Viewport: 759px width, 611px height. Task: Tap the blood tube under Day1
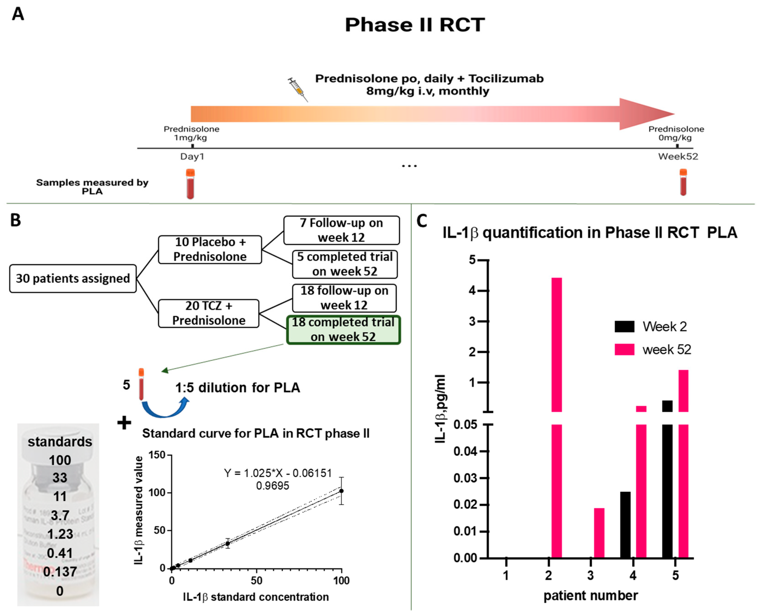click(x=190, y=184)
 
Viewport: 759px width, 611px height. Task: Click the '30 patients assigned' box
click(x=73, y=278)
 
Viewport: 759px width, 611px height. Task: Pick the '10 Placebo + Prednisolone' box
click(x=210, y=249)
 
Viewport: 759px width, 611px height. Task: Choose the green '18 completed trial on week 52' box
click(x=343, y=330)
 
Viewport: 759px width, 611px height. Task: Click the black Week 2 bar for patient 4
click(x=625, y=525)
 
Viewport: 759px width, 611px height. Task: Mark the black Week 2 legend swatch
click(x=624, y=326)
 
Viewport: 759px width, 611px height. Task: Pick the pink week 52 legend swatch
click(x=624, y=349)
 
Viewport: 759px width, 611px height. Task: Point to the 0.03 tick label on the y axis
click(x=466, y=478)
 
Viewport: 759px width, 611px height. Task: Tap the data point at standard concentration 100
click(x=341, y=491)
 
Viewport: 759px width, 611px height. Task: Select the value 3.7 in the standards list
click(x=60, y=515)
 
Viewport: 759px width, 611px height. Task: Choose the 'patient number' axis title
click(x=590, y=595)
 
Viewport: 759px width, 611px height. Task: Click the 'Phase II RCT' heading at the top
click(x=415, y=25)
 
